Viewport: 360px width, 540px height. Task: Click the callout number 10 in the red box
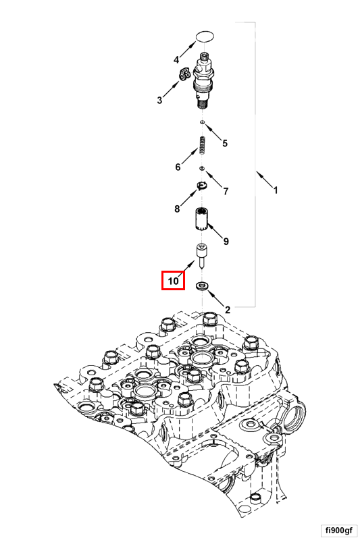174,281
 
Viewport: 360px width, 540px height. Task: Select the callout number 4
176,60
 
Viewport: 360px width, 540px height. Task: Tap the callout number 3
159,100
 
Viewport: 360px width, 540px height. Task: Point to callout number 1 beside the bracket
276,190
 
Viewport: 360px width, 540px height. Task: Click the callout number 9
226,241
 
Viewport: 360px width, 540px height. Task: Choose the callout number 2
228,310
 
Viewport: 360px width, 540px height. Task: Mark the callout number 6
178,167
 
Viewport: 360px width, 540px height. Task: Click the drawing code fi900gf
338,530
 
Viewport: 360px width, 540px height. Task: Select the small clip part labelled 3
184,74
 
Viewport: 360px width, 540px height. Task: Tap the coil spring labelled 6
203,146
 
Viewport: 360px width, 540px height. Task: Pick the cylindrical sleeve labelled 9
200,219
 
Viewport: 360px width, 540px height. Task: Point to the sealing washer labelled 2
202,286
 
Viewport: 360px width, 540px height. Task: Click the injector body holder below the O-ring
204,80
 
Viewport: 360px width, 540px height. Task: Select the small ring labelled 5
203,122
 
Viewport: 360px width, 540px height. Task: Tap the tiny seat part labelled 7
202,168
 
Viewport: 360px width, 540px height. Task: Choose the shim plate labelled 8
201,186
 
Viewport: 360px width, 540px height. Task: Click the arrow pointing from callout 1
264,179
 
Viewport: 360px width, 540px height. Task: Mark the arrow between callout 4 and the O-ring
187,49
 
